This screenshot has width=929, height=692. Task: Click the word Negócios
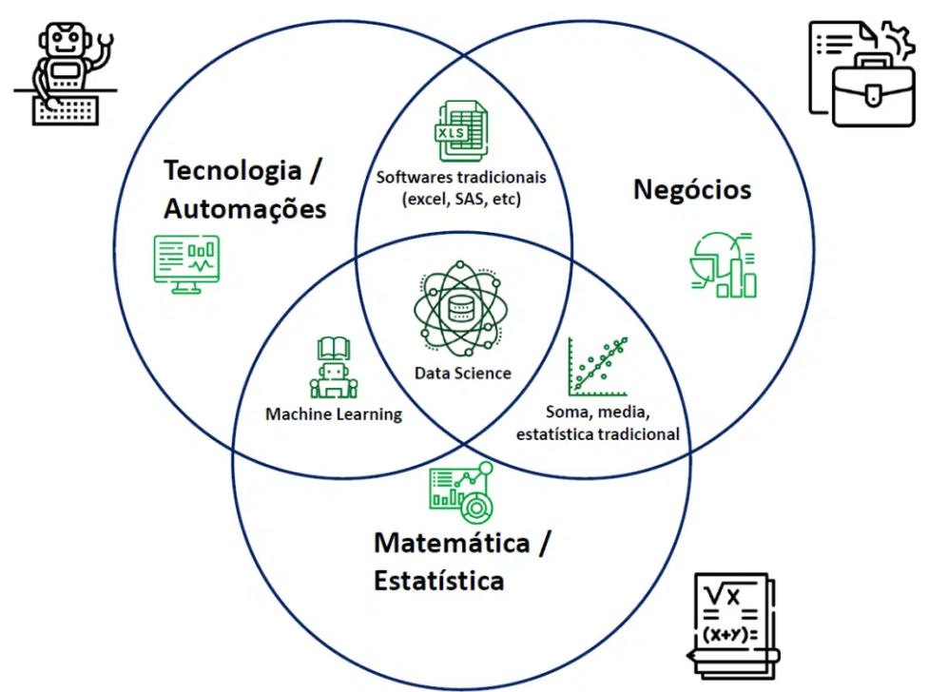tap(691, 190)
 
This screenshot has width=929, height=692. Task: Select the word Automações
tap(245, 208)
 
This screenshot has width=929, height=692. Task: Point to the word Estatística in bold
tap(437, 580)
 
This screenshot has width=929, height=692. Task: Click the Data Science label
tap(462, 374)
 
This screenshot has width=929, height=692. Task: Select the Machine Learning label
tap(333, 414)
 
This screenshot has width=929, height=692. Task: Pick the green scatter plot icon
tap(598, 366)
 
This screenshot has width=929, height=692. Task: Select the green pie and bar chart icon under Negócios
tap(723, 265)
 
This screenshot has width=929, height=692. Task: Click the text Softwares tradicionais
tap(461, 177)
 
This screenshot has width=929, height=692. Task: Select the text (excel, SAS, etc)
tap(461, 200)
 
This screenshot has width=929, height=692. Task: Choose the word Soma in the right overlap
tap(567, 413)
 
